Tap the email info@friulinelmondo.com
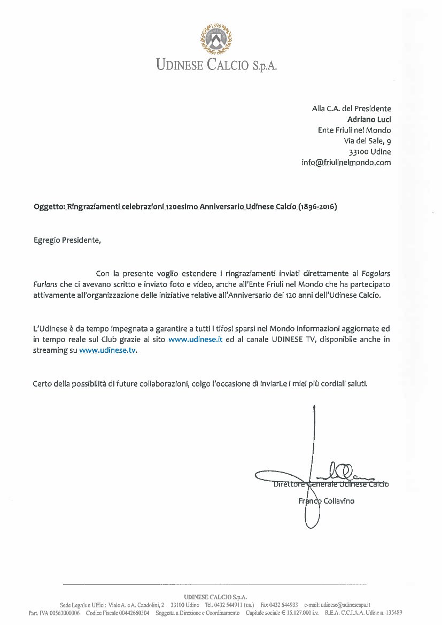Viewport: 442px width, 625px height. coord(346,163)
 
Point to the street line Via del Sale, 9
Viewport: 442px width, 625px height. coord(367,141)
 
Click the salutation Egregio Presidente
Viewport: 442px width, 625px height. coord(67,240)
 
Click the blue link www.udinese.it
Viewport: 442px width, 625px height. coord(195,339)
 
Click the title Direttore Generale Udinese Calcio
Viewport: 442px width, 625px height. coord(331,484)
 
